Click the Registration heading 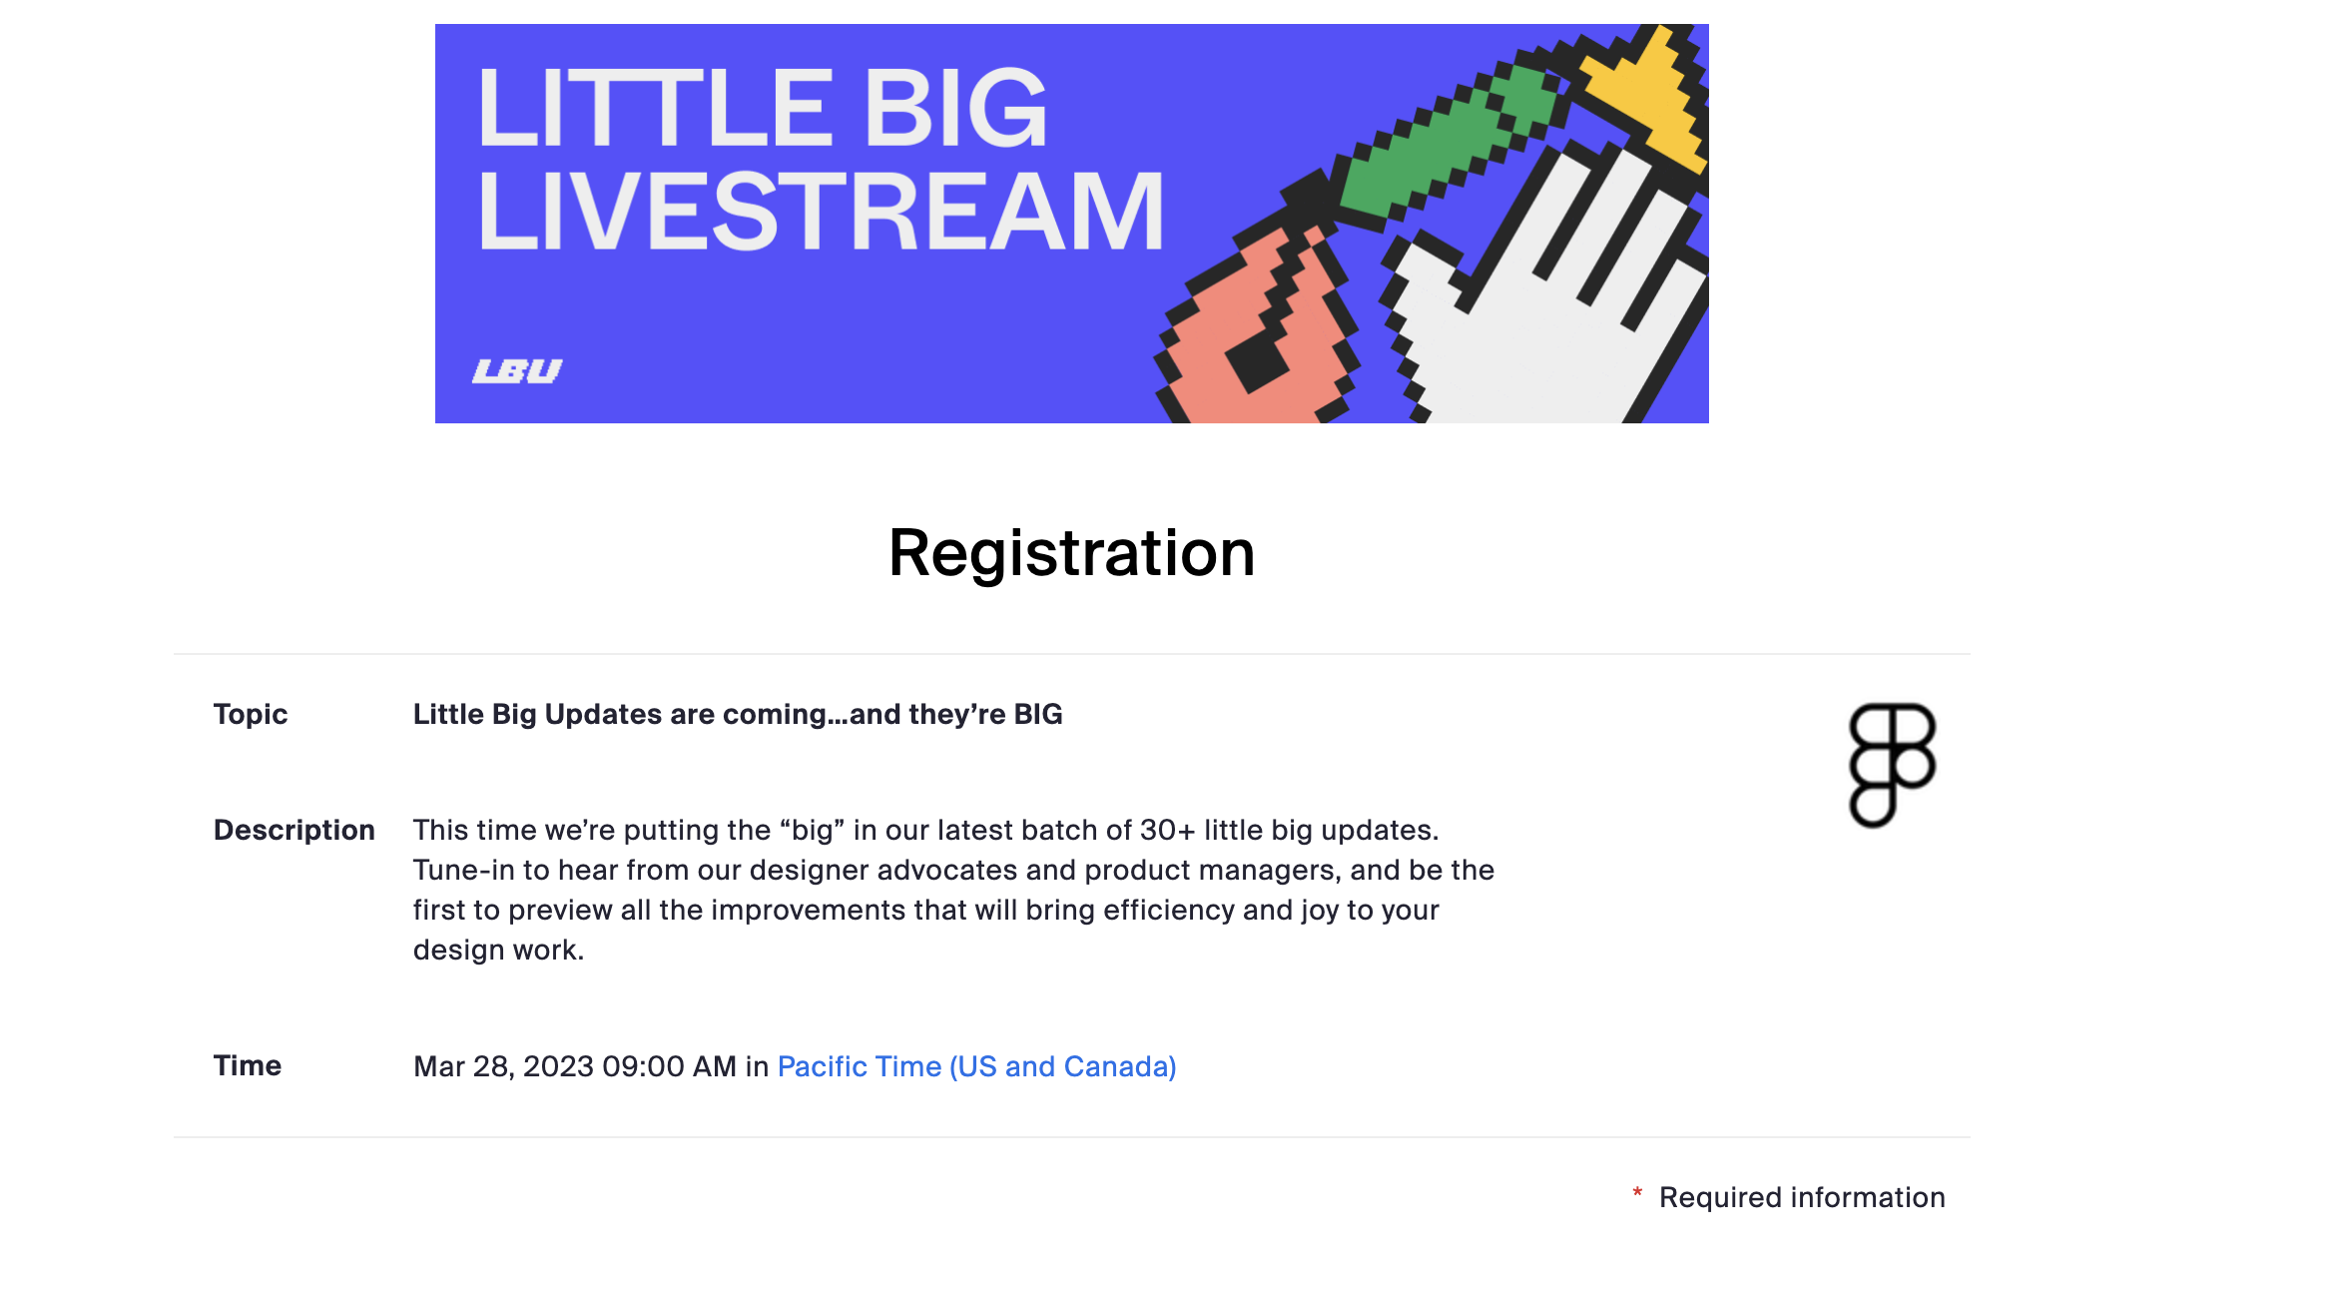point(1071,553)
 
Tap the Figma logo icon point(1892,765)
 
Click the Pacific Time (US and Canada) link point(976,1066)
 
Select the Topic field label point(251,714)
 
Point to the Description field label point(294,830)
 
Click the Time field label point(248,1065)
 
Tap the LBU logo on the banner point(517,370)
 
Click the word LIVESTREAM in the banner point(821,212)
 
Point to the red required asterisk point(1637,1193)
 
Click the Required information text point(1802,1197)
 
